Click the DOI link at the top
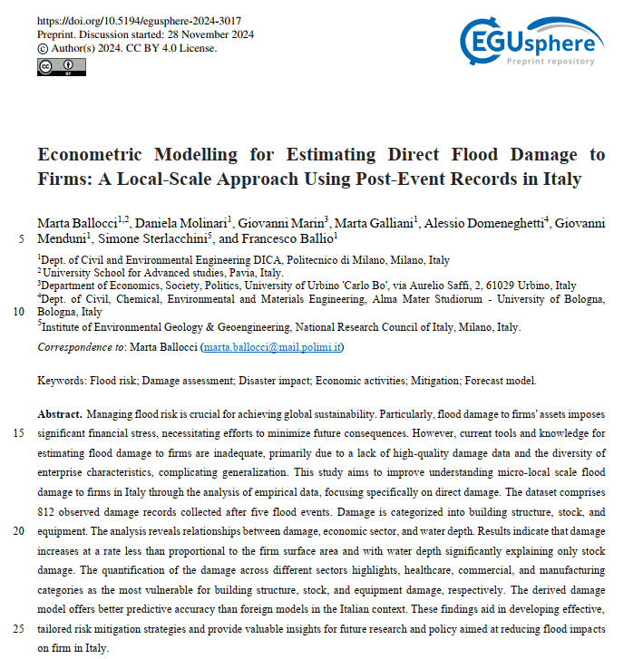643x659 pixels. pos(140,21)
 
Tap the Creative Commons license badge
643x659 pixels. pos(61,67)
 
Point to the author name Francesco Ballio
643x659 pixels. pos(299,240)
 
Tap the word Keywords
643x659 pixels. pos(61,382)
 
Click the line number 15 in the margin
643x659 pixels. pos(20,433)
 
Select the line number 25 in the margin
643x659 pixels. pos(20,629)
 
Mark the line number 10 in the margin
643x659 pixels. pos(20,311)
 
